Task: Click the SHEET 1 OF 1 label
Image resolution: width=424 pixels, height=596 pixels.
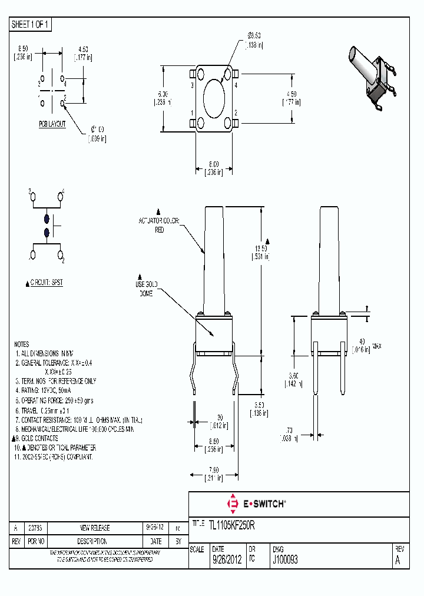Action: (31, 24)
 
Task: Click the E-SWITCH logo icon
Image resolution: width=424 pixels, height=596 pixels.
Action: (232, 504)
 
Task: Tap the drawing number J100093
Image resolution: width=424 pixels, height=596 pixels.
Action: (286, 560)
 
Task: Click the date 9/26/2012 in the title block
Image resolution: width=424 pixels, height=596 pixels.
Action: (227, 560)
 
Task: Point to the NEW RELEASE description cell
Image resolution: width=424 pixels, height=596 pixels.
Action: (95, 528)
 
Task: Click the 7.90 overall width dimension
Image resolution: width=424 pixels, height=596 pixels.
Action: (214, 474)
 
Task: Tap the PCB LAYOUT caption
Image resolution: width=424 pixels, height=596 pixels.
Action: (52, 124)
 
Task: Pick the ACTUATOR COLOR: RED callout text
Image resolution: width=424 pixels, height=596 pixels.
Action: (159, 225)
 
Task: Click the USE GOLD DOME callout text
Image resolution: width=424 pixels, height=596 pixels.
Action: (147, 289)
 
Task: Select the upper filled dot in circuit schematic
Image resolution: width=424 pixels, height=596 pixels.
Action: (47, 218)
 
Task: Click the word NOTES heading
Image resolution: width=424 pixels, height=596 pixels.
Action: (21, 344)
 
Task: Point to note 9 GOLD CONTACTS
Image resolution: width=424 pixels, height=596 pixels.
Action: (37, 438)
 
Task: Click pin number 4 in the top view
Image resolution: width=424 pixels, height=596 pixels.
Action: (236, 85)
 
